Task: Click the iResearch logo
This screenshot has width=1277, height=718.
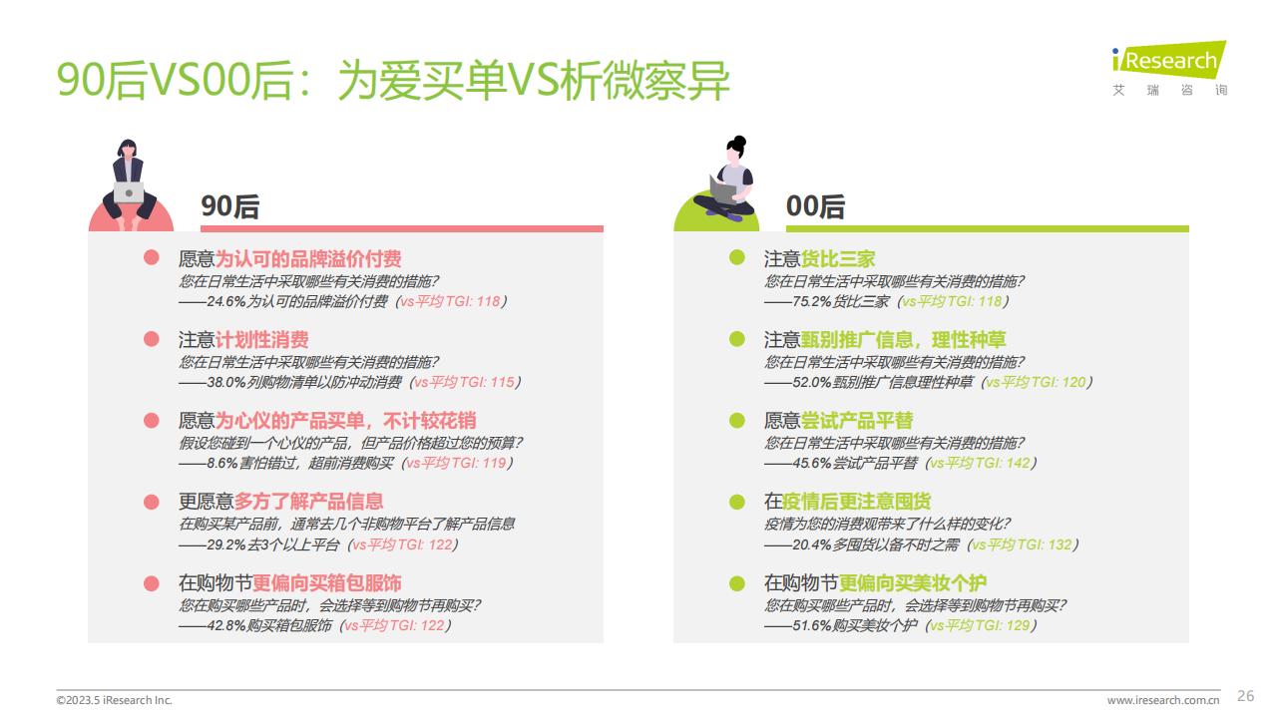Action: (1168, 69)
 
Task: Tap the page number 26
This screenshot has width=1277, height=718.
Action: (1245, 696)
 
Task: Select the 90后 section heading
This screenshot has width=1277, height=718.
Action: (229, 206)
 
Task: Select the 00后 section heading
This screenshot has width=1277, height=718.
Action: (815, 206)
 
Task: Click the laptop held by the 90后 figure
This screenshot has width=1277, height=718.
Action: (129, 192)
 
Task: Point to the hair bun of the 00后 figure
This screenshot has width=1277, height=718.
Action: (739, 141)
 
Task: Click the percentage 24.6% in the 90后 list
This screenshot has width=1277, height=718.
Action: (226, 301)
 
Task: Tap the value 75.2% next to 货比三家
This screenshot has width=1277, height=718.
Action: (812, 301)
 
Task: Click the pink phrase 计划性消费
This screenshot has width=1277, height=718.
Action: (261, 340)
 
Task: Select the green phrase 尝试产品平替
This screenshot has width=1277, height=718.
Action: (857, 421)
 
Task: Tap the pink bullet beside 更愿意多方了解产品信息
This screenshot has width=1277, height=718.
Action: (151, 502)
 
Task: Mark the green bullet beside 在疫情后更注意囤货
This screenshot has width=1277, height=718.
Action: (736, 502)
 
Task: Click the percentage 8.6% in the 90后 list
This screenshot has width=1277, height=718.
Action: (221, 464)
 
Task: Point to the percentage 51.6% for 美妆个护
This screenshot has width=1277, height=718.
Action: (812, 625)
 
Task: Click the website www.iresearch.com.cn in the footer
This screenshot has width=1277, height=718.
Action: (1163, 700)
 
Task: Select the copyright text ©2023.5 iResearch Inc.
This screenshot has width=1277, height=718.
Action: (114, 700)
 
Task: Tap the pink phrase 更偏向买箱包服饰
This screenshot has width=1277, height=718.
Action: (326, 583)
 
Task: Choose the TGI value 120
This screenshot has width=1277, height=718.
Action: (1073, 382)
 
